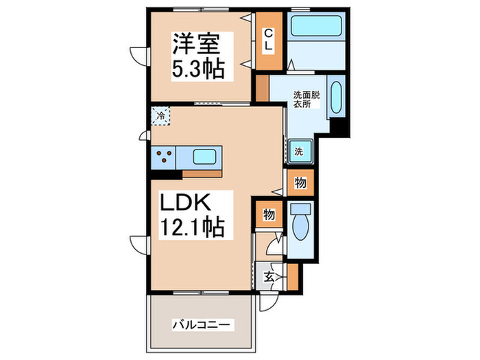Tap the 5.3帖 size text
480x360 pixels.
click(195, 69)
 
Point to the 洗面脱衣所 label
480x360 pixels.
click(306, 100)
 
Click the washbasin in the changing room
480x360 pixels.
click(336, 99)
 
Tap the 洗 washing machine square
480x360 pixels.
click(300, 152)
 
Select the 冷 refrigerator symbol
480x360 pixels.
click(160, 117)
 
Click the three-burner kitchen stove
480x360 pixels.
click(164, 157)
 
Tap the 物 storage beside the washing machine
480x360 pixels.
click(300, 182)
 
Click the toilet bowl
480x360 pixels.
click(300, 226)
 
